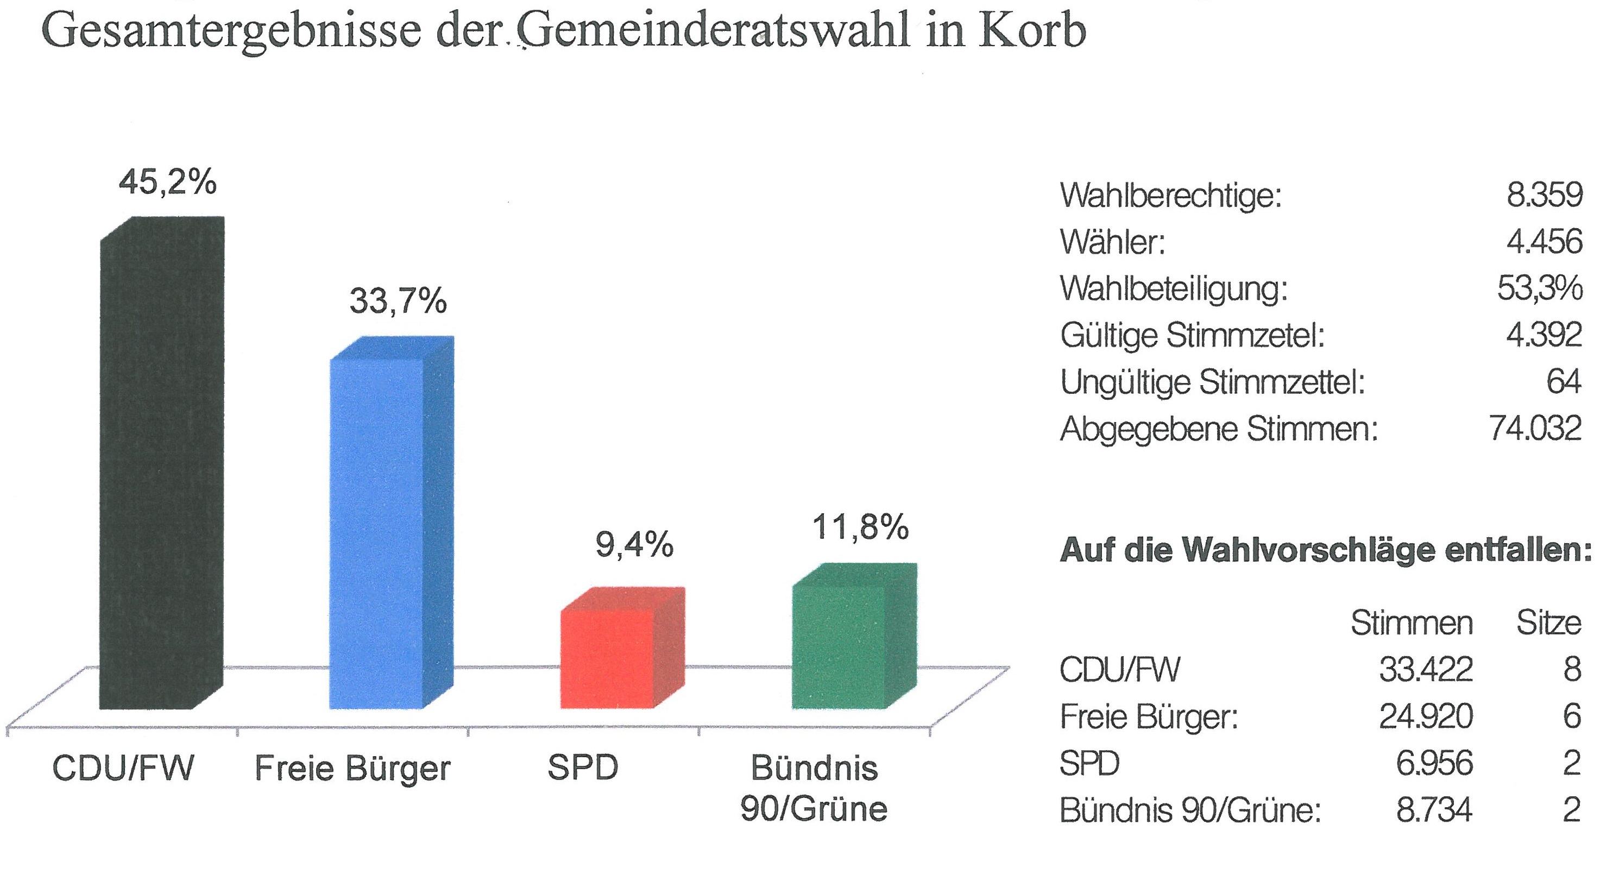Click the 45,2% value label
pyautogui.click(x=168, y=183)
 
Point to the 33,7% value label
pyautogui.click(x=398, y=300)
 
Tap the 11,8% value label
pyautogui.click(x=860, y=527)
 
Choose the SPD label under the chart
pyautogui.click(x=583, y=768)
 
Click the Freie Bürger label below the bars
pyautogui.click(x=352, y=769)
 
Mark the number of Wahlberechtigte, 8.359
pyautogui.click(x=1544, y=195)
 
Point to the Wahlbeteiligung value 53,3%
pyautogui.click(x=1539, y=288)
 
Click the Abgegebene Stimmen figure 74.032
pyautogui.click(x=1535, y=429)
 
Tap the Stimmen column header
pyautogui.click(x=1412, y=623)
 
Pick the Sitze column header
pyautogui.click(x=1548, y=623)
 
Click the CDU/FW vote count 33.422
pyautogui.click(x=1426, y=669)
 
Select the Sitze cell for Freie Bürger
pyautogui.click(x=1571, y=716)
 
